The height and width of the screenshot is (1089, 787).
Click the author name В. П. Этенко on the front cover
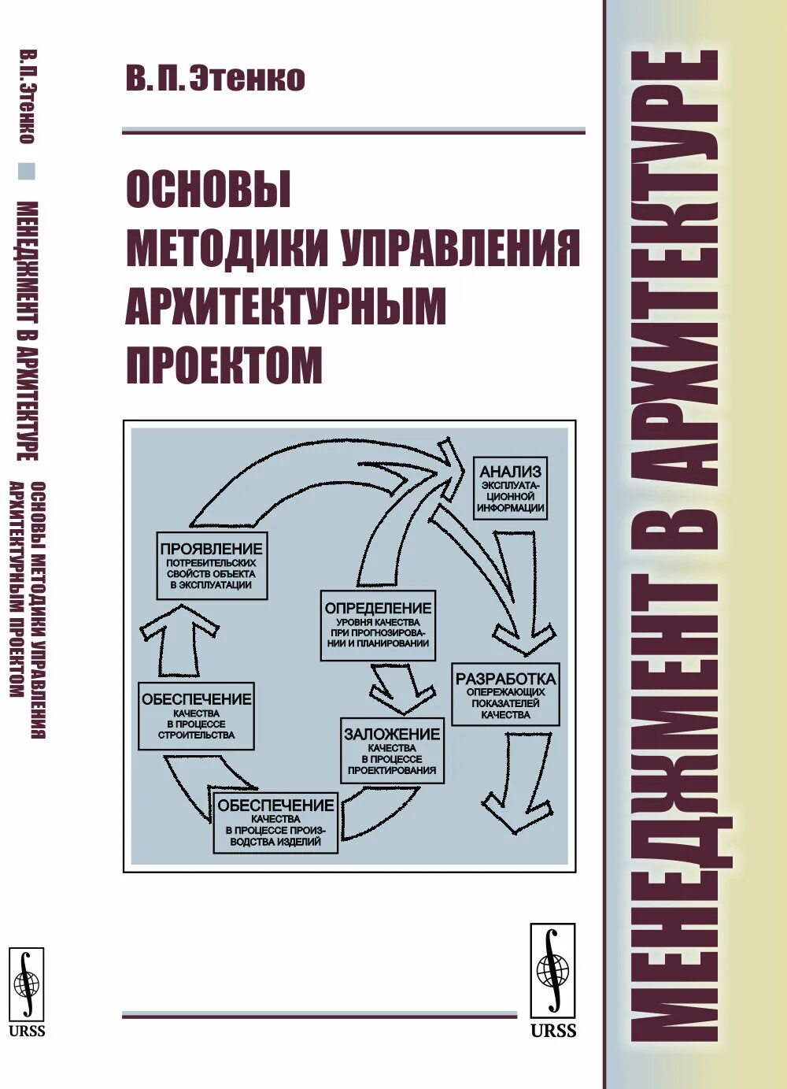tap(215, 80)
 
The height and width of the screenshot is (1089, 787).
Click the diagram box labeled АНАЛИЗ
tap(511, 487)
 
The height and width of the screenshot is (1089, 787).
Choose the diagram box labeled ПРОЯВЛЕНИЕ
tap(211, 566)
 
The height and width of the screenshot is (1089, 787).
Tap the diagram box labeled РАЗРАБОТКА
tap(505, 695)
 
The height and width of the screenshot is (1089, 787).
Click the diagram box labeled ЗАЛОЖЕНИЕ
tap(391, 750)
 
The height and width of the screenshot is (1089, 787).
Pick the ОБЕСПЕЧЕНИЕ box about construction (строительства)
tap(196, 716)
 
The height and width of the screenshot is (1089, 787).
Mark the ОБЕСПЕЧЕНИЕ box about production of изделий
tap(275, 823)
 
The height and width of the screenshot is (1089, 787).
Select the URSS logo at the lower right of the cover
tap(552, 980)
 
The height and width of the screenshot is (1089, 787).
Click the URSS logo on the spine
tap(26, 992)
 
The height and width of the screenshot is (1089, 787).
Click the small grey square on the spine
tap(28, 171)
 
